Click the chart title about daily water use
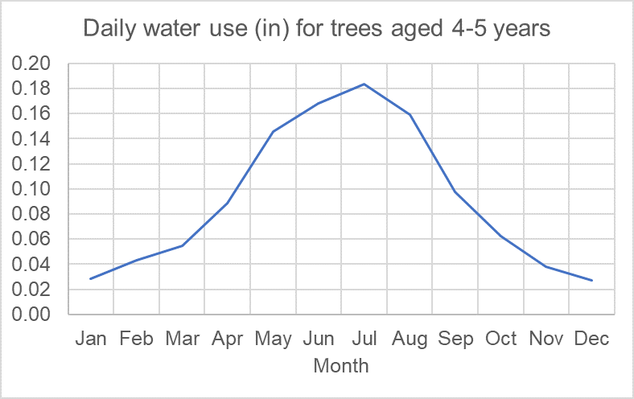(x=317, y=30)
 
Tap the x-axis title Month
(x=340, y=366)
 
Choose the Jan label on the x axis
(x=91, y=339)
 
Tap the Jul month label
(x=364, y=339)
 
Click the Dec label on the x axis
(x=592, y=339)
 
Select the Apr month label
(x=228, y=339)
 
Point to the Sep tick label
(x=455, y=339)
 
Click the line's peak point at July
(x=364, y=84)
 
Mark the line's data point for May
(x=273, y=132)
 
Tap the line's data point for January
(x=91, y=278)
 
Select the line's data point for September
(x=455, y=191)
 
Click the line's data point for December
(x=592, y=280)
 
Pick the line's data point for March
(x=182, y=245)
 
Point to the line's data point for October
(x=500, y=237)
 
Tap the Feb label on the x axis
(x=137, y=339)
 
